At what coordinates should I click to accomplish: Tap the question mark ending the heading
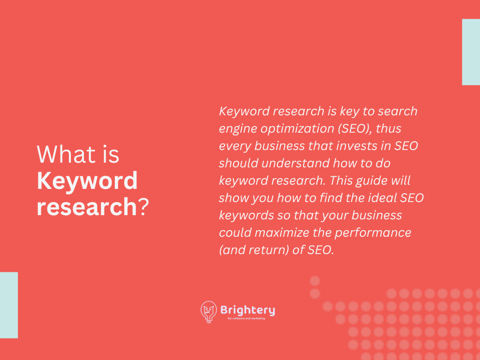pos(143,207)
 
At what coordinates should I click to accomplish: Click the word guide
pos(367,181)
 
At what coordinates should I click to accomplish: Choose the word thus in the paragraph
pos(388,128)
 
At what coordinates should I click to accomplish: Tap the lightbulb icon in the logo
pos(209,312)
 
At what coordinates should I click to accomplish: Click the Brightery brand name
pos(247,310)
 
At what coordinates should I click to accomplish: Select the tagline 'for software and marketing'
pos(247,318)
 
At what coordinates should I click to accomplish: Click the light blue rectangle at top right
pos(471,52)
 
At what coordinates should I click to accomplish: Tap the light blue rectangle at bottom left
pos(9,305)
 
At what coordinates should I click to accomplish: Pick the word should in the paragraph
pos(239,163)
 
